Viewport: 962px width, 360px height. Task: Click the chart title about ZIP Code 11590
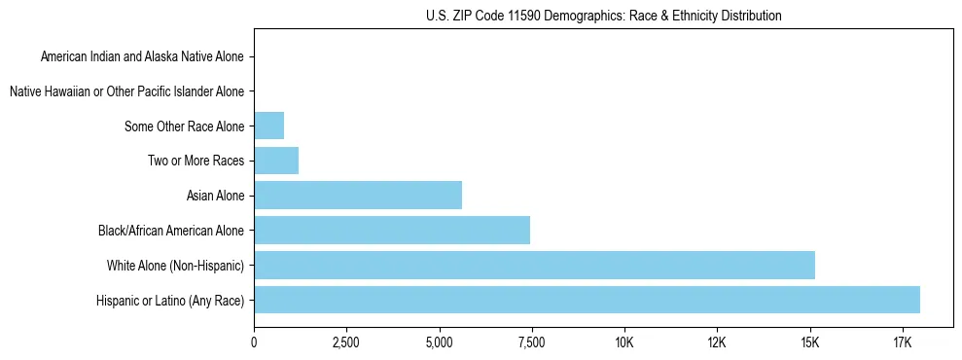pos(603,16)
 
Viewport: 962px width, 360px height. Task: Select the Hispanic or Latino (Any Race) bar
pos(587,300)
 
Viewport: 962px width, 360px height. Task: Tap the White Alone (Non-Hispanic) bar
pos(534,265)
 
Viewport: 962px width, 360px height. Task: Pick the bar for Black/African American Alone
pos(392,231)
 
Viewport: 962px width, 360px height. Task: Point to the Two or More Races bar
pos(276,161)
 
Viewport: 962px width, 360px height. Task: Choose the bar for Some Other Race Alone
pos(268,126)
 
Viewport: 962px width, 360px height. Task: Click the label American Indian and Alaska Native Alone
pos(143,57)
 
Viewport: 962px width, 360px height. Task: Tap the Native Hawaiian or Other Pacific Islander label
pos(126,92)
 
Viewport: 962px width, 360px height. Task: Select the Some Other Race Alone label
pos(185,126)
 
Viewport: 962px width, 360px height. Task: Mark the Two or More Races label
pos(196,162)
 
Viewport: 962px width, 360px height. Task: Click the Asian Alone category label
pos(215,197)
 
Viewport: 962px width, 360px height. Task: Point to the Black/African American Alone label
pos(171,231)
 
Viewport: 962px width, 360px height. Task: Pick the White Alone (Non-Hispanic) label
pos(176,266)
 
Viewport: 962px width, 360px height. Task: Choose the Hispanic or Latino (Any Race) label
pos(170,301)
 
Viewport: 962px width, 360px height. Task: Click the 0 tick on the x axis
pos(254,342)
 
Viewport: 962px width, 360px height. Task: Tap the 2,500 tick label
pos(346,342)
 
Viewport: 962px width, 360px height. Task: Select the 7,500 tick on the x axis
pos(531,342)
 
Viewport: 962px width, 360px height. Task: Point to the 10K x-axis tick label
pos(624,342)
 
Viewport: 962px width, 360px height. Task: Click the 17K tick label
pos(902,342)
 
